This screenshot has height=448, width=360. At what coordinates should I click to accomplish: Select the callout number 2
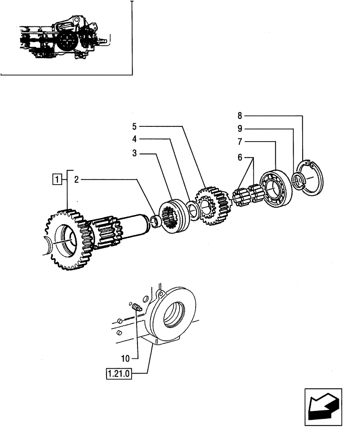point(77,180)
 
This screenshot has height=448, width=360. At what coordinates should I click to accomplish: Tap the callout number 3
point(134,154)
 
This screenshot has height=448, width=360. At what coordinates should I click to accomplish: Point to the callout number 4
point(134,139)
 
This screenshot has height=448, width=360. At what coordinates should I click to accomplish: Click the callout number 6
point(240,158)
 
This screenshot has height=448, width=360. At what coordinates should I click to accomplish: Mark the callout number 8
point(240,116)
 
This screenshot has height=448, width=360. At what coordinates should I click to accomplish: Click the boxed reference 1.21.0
point(118,373)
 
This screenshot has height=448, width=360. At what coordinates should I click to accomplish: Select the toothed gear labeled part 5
point(210,206)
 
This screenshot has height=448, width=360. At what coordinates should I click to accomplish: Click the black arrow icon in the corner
point(323,407)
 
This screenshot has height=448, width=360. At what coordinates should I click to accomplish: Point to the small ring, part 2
point(157,220)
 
